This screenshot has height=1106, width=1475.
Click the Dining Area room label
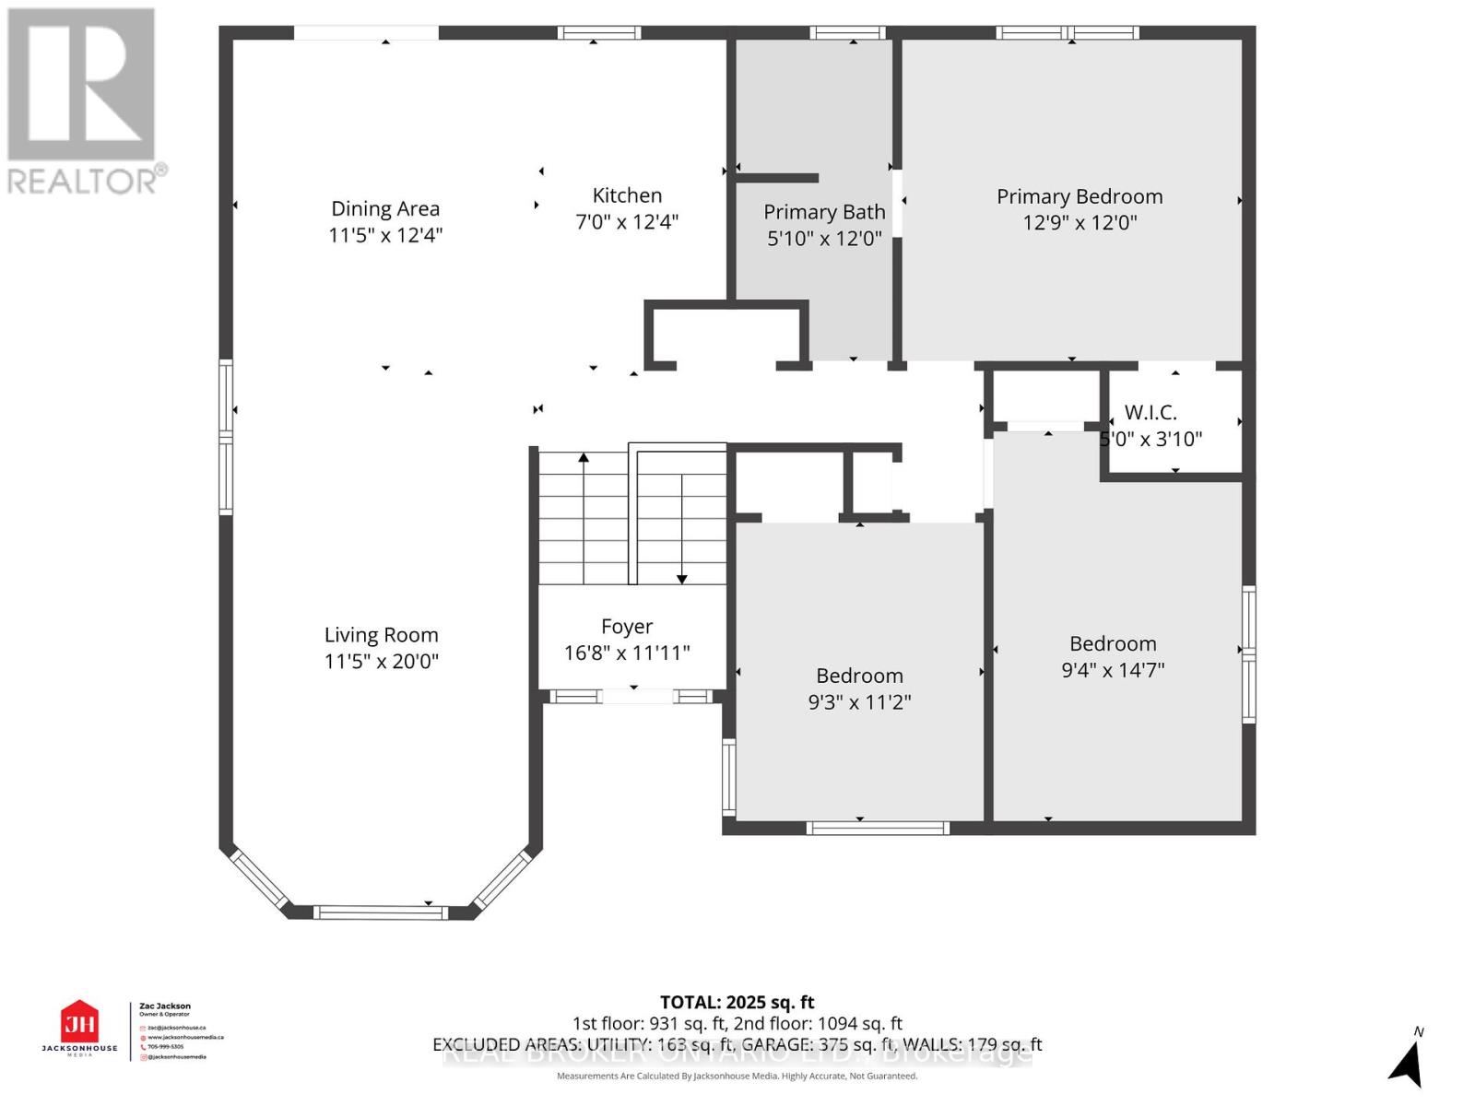click(x=385, y=209)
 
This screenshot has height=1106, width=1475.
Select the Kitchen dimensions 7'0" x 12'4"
click(x=627, y=222)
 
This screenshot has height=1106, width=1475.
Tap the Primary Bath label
click(x=824, y=212)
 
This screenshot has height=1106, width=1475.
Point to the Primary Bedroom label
click(x=1080, y=196)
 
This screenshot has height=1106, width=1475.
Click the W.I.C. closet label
click(x=1150, y=412)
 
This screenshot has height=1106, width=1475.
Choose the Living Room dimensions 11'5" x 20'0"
click(x=381, y=661)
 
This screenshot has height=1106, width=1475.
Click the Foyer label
click(x=627, y=627)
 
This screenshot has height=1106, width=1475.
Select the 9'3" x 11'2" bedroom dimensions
click(x=859, y=702)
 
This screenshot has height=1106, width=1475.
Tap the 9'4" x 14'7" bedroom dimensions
click(x=1113, y=670)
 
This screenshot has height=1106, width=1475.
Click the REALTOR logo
click(x=83, y=101)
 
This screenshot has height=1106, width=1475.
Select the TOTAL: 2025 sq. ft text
click(x=737, y=1002)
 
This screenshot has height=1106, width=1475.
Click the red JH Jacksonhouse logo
click(x=79, y=1023)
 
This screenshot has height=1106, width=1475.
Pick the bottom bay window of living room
click(x=380, y=912)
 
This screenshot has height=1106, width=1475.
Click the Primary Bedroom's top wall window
click(x=1068, y=33)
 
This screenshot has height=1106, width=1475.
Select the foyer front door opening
click(x=636, y=697)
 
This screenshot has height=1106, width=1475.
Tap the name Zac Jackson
click(x=165, y=1006)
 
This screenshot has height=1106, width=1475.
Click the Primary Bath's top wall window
click(x=847, y=33)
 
